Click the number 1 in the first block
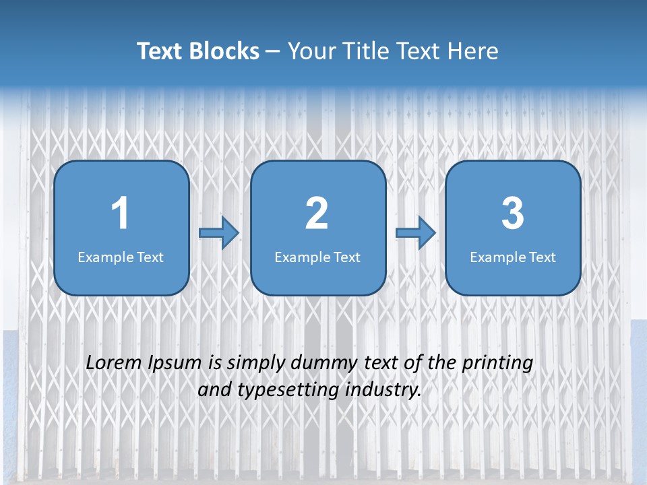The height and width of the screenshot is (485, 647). tap(121, 214)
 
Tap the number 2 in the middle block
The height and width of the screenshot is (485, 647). tap(317, 214)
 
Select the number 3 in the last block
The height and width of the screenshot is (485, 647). tap(513, 214)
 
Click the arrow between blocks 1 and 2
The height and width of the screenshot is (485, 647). tap(219, 232)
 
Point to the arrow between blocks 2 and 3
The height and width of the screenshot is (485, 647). tap(416, 232)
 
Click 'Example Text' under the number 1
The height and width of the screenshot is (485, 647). tap(121, 257)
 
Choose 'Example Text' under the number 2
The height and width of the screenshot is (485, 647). tap(317, 257)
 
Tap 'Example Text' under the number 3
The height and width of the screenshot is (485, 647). tap(513, 257)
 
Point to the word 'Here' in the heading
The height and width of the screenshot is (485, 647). tap(472, 51)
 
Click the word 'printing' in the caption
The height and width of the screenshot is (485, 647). tap(497, 364)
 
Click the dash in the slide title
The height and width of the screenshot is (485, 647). tap(273, 52)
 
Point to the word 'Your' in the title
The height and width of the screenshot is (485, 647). tap(311, 51)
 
